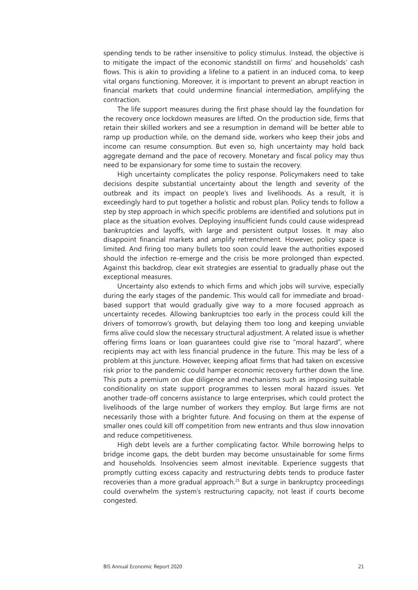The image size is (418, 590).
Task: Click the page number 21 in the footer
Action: (x=361, y=567)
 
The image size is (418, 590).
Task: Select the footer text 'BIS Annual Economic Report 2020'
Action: (x=143, y=567)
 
